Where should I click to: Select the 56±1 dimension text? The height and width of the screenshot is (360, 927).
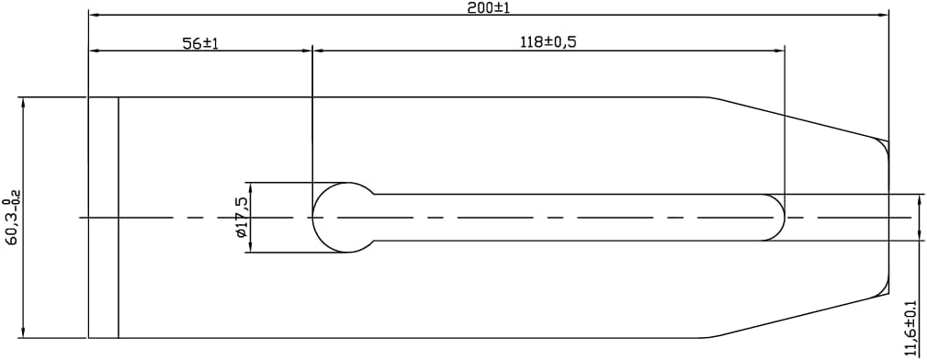200,43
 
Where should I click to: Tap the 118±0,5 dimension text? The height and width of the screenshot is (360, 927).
548,42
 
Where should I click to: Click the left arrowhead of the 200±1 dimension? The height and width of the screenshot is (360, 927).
94,16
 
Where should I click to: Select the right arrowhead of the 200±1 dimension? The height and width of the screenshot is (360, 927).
883,16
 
